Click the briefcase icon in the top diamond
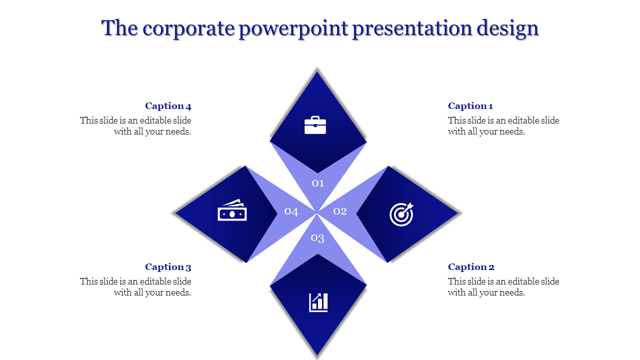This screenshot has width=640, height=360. click(x=315, y=125)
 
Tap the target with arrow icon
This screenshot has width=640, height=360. click(x=401, y=214)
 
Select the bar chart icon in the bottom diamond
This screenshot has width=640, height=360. click(x=318, y=302)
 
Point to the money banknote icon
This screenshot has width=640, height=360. click(x=232, y=211)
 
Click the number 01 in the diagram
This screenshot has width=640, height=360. click(x=318, y=183)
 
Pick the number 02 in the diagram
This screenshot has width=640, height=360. click(x=340, y=211)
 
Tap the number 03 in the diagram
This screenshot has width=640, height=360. click(x=318, y=238)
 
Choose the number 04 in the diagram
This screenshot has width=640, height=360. click(x=291, y=211)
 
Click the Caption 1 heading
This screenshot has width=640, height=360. click(x=470, y=106)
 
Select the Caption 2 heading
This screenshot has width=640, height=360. click(x=471, y=267)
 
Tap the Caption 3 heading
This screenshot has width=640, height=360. click(x=168, y=267)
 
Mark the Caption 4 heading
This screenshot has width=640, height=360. click(x=168, y=106)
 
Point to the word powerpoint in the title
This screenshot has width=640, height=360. click(x=293, y=28)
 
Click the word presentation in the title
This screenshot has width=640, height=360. click(x=412, y=28)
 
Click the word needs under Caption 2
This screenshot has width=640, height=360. click(x=511, y=292)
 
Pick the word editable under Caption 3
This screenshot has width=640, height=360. click(x=156, y=281)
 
